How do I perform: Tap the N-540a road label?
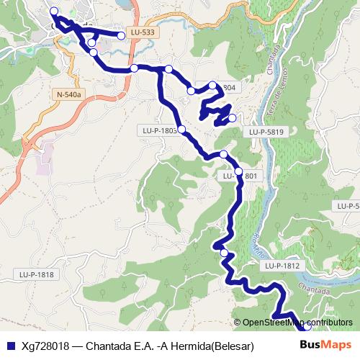pyautogui.click(x=69, y=94)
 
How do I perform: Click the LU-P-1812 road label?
pyautogui.click(x=281, y=266)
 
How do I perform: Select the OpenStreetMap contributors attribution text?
pyautogui.click(x=297, y=322)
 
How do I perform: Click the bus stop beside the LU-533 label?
pyautogui.click(x=122, y=34)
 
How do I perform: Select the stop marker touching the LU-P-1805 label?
pyautogui.click(x=181, y=130)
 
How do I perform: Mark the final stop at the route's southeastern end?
pyautogui.click(x=307, y=325)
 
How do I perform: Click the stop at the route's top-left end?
pyautogui.click(x=54, y=11)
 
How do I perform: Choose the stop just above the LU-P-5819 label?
pyautogui.click(x=231, y=118)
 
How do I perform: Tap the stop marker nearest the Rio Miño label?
pyautogui.click(x=225, y=253)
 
